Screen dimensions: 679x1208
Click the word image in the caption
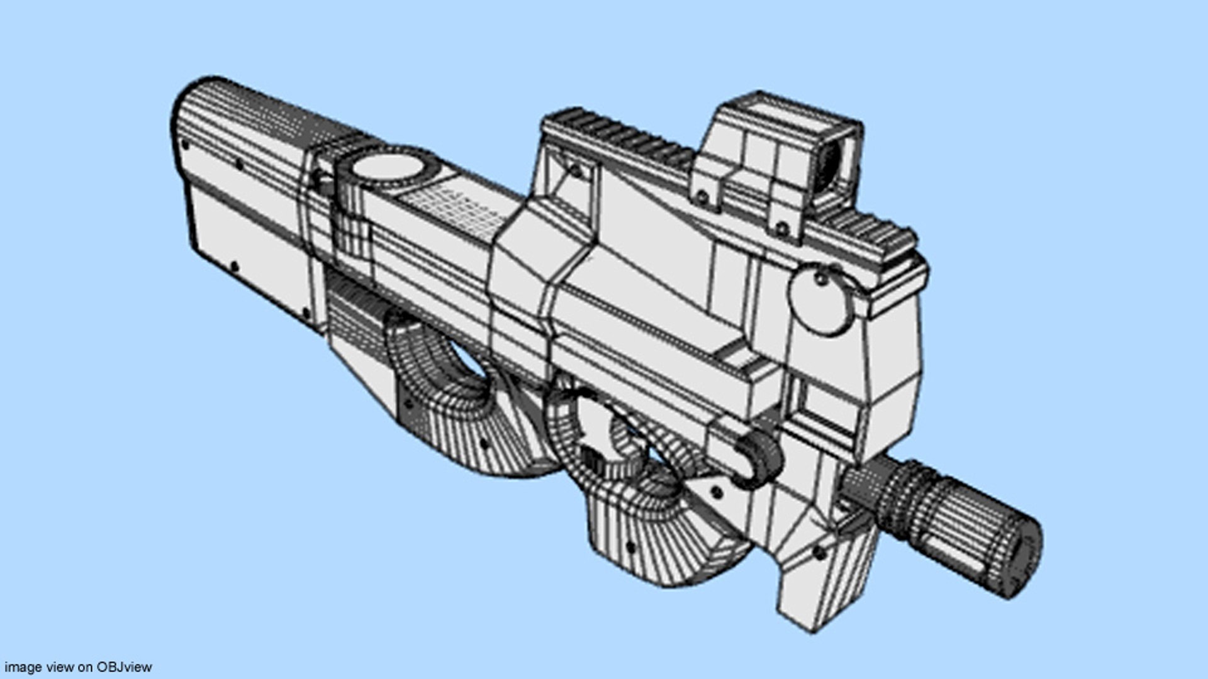23,667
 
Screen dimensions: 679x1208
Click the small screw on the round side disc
822,277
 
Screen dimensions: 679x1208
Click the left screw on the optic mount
700,197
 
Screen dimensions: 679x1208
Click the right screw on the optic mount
782,228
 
